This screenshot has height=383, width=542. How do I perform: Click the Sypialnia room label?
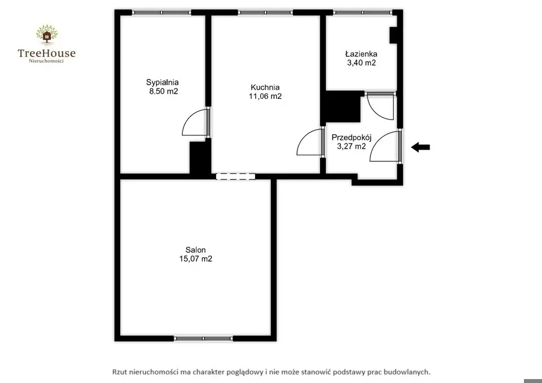(x=162, y=82)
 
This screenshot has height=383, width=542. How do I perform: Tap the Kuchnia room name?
(x=265, y=87)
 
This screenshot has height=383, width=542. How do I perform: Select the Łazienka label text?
(x=361, y=54)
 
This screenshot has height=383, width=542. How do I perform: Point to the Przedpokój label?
(x=352, y=138)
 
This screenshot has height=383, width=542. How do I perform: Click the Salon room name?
(x=196, y=250)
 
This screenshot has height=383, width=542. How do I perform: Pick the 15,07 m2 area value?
(x=196, y=259)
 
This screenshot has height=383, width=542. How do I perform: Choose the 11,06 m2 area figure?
(x=265, y=96)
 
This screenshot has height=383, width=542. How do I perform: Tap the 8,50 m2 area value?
(x=164, y=91)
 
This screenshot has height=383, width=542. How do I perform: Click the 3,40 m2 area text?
(x=361, y=63)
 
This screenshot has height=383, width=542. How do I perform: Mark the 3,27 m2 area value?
(x=351, y=147)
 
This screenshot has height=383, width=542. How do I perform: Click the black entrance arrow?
(x=420, y=147)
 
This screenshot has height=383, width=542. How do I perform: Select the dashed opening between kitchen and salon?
(x=236, y=177)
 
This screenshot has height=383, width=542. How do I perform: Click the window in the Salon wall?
(x=203, y=338)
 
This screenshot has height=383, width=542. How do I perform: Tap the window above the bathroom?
(x=362, y=12)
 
